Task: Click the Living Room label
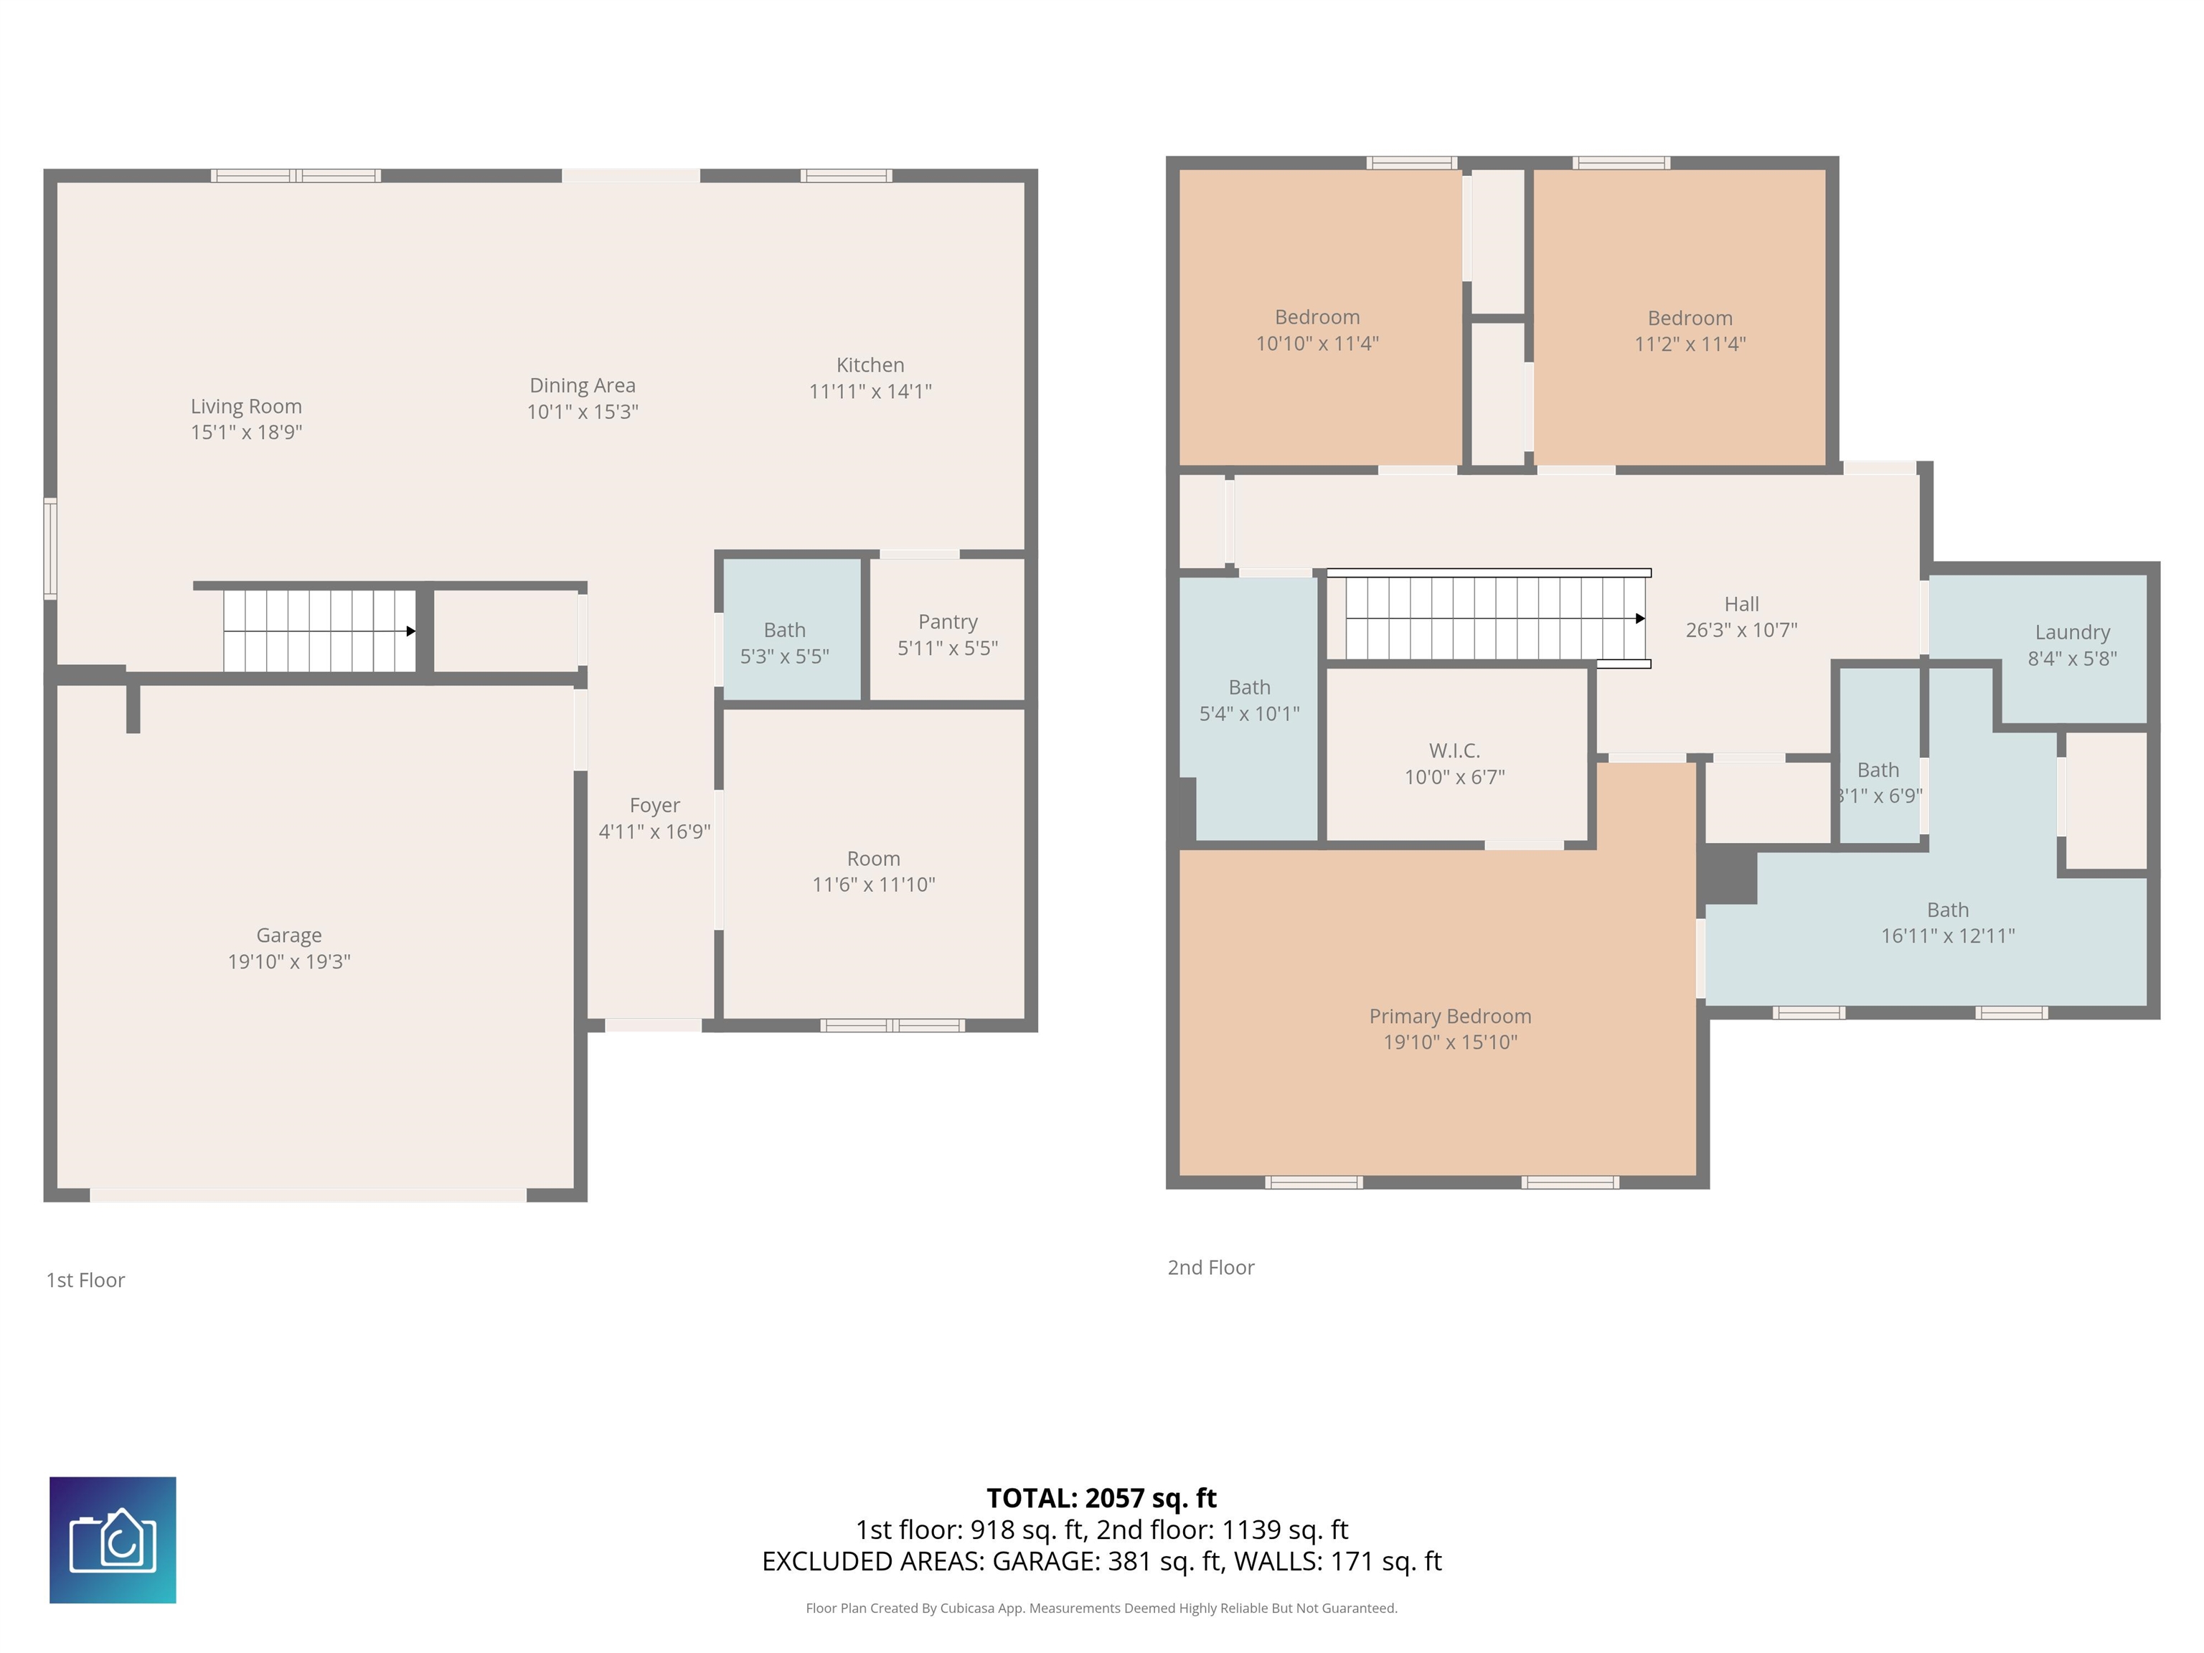click(246, 407)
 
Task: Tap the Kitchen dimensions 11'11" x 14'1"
click(870, 392)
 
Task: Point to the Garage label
click(289, 936)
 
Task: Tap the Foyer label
click(654, 805)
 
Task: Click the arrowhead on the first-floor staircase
click(410, 631)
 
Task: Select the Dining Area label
click(582, 385)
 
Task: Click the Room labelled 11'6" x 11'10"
click(874, 863)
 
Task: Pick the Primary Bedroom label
click(1450, 1017)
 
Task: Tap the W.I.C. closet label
click(1455, 750)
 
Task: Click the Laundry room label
click(2073, 633)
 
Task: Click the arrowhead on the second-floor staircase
click(1640, 618)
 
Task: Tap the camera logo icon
click(113, 1540)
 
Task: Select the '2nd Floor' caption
click(1210, 1268)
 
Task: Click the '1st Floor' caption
click(85, 1281)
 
